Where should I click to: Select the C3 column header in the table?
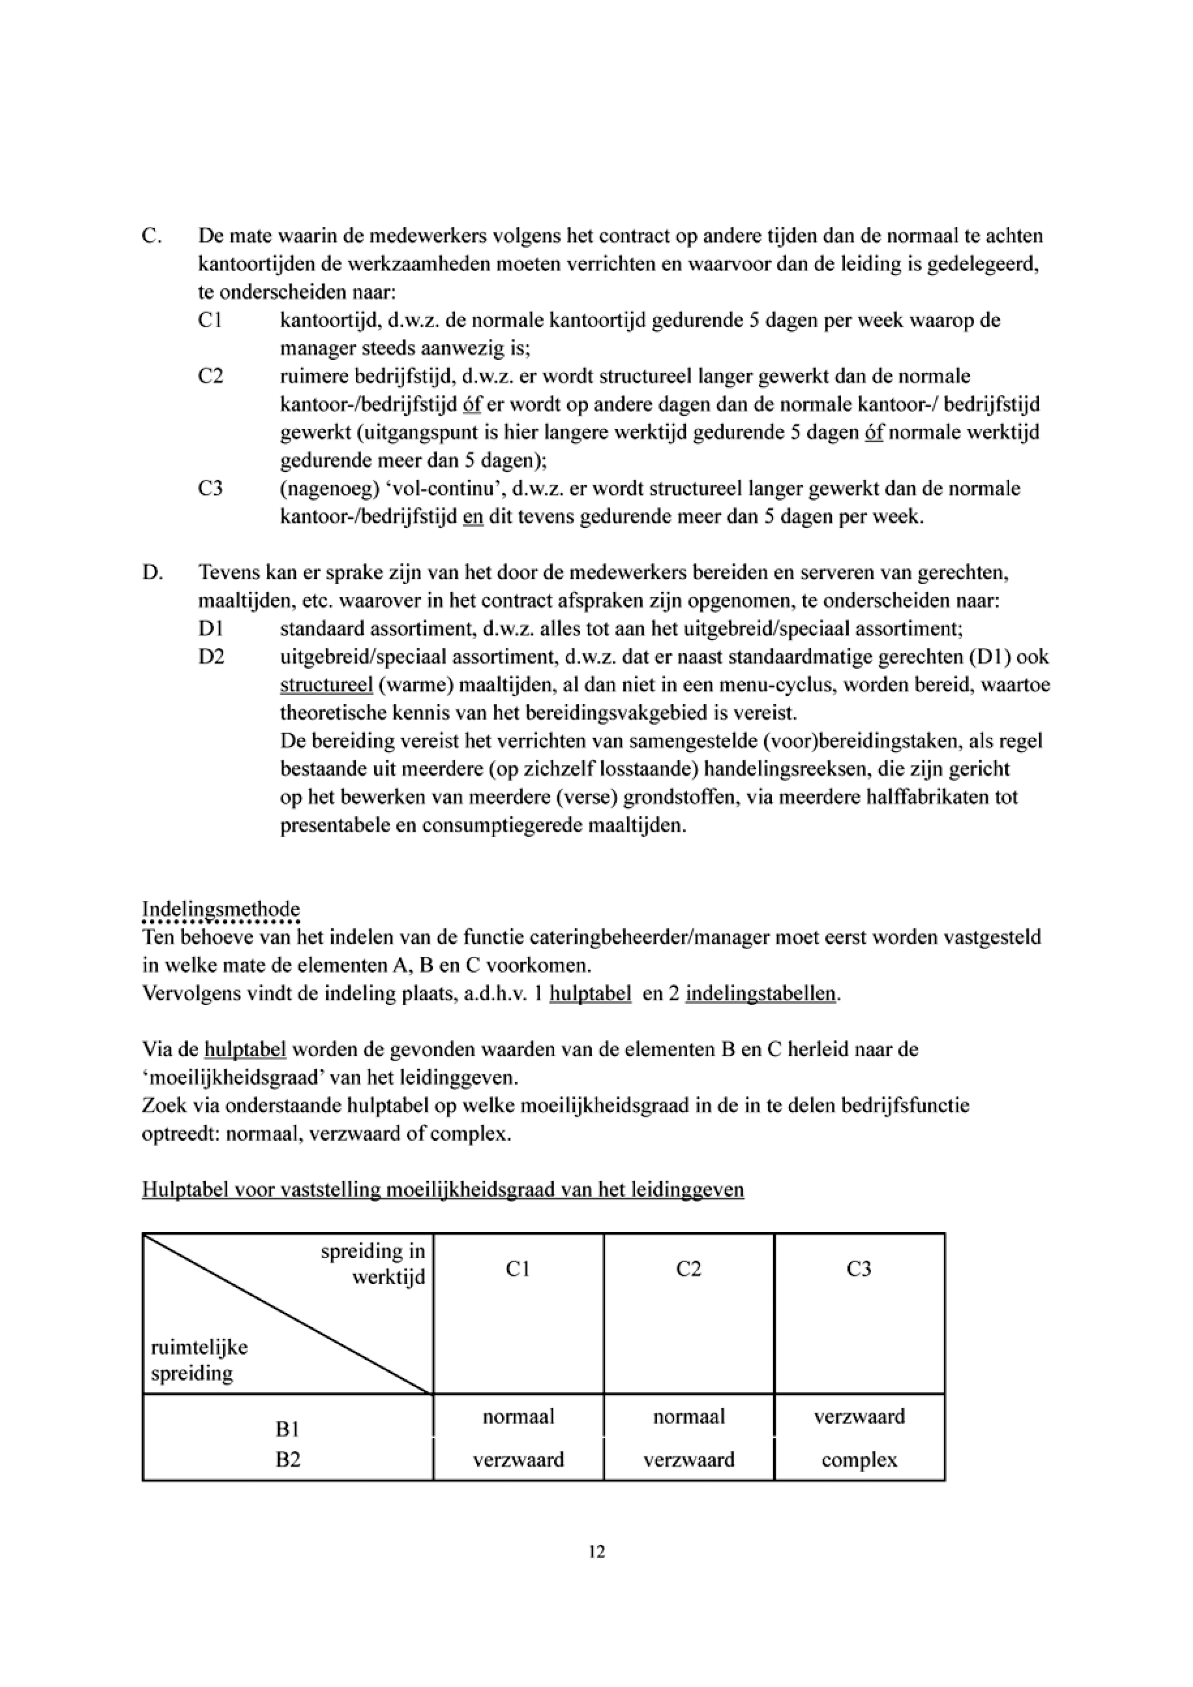tap(859, 1269)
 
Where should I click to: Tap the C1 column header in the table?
tap(518, 1269)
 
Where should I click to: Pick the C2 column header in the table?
tap(688, 1269)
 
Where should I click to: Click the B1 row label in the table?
tap(288, 1428)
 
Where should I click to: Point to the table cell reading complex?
tap(859, 1460)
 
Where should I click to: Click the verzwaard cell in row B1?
tap(859, 1416)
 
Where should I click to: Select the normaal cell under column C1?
tap(518, 1416)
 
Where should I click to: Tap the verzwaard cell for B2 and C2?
tap(688, 1460)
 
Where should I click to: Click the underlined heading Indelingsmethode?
tap(220, 909)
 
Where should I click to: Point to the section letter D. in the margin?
tap(152, 572)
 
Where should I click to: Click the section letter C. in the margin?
tap(151, 236)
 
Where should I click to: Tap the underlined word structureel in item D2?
tap(326, 685)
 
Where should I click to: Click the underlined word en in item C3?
tap(473, 516)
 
